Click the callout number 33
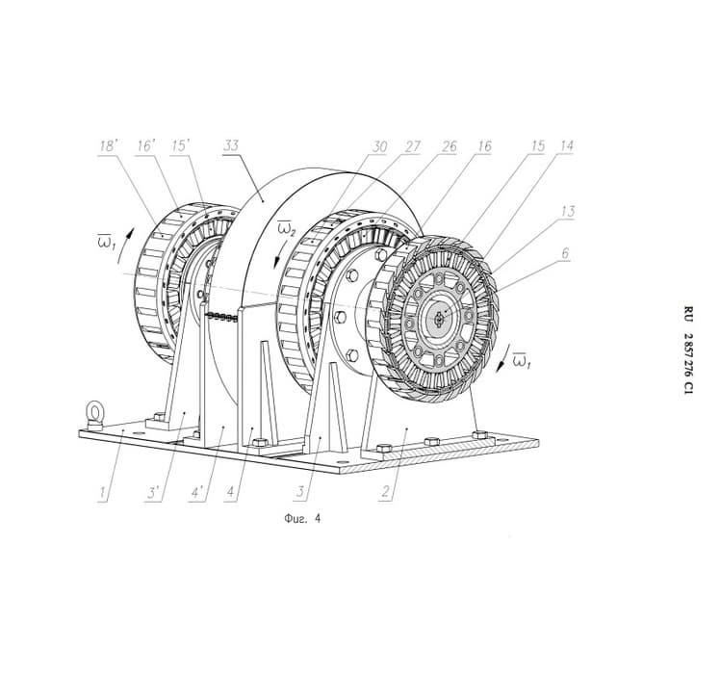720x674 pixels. pos(231,145)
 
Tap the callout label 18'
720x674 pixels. pos(110,146)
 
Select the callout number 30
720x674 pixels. pos(379,146)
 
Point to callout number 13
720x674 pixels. pos(568,211)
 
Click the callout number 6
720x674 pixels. pos(565,252)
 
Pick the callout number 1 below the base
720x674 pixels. pos(103,493)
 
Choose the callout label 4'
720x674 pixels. pos(198,493)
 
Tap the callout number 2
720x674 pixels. pos(385,492)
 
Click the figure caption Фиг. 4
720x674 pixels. pos(302,519)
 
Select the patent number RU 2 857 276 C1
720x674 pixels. pos(688,350)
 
